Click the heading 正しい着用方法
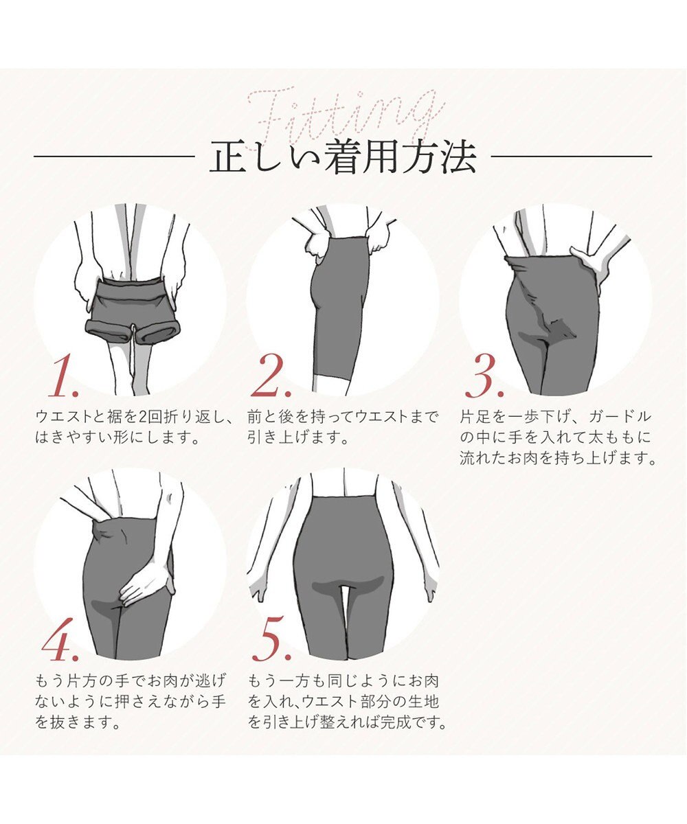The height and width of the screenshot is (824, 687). coord(343,157)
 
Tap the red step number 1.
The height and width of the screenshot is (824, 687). coord(63,378)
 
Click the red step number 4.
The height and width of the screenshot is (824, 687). coord(63,642)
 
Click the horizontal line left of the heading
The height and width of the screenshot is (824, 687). coord(113,157)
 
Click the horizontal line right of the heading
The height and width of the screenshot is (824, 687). coord(572,157)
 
